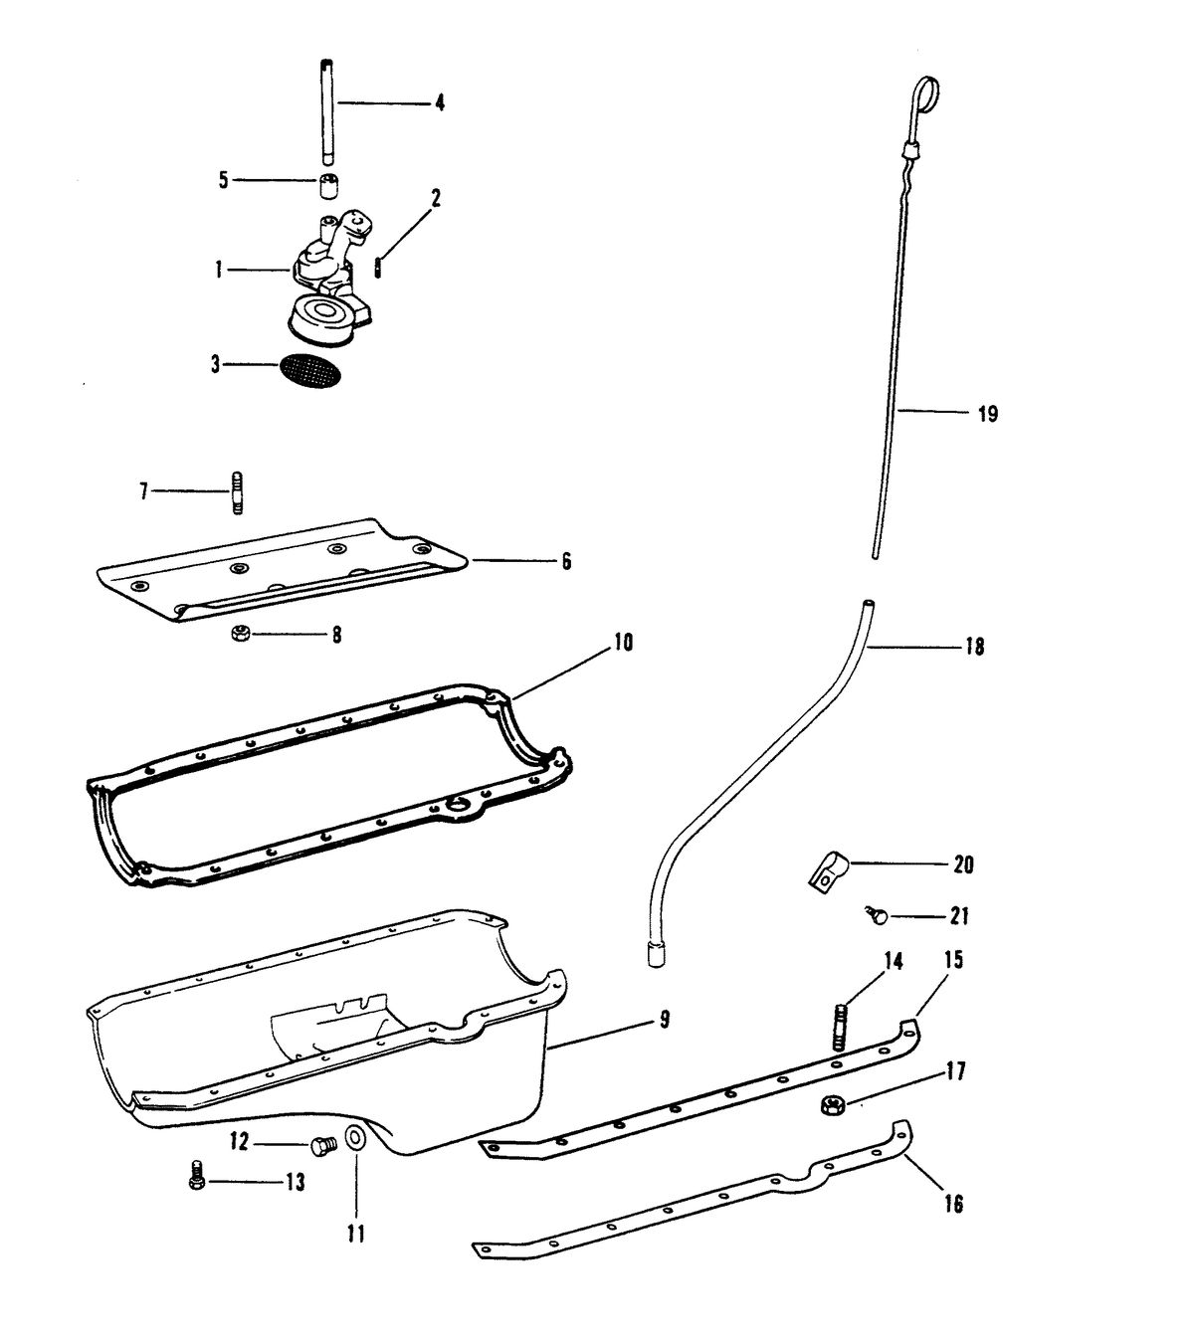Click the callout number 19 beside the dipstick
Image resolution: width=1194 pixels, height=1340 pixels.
pos(988,414)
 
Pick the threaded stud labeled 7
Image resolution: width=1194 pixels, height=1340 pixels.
pos(237,491)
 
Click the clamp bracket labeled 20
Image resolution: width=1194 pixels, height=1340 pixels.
pos(826,872)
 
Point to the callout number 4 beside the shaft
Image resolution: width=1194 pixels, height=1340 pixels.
pos(440,103)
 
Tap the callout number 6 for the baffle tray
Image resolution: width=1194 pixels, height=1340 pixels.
pos(566,561)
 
